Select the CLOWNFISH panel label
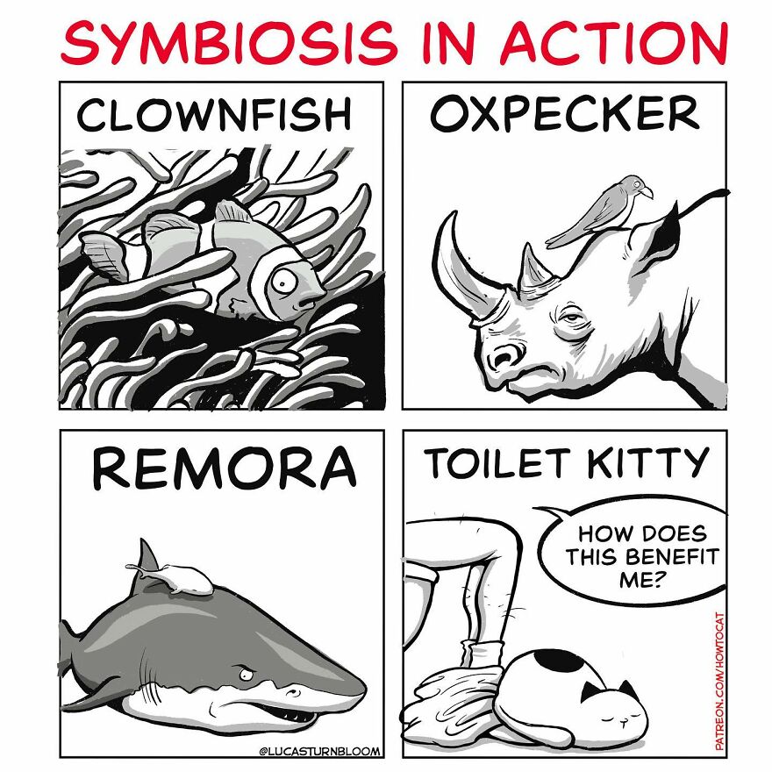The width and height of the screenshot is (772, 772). point(214,116)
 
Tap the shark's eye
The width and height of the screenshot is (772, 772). point(243,675)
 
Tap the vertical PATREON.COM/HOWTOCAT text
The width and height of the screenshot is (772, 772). point(719,680)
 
